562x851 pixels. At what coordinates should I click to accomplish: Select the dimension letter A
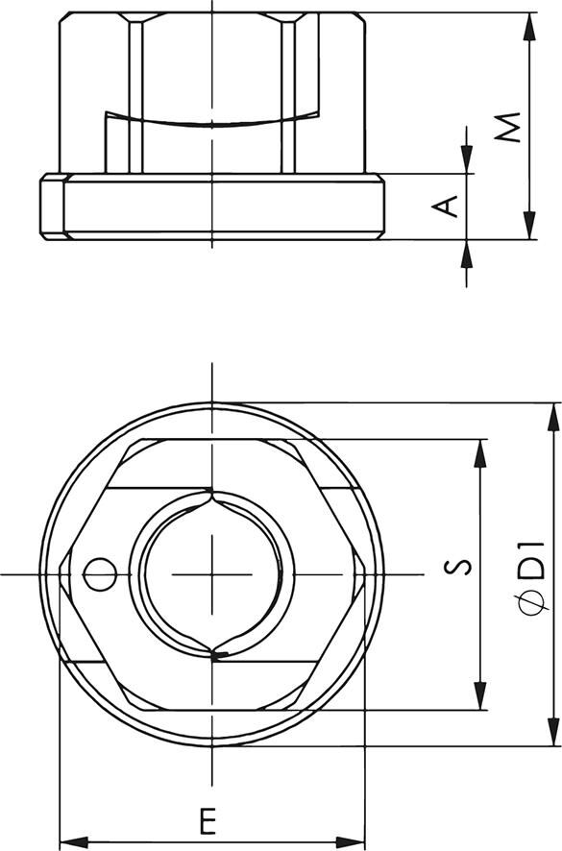[x=446, y=206]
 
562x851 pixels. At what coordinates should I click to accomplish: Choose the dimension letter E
[x=207, y=822]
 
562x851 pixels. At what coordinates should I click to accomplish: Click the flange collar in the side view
[x=211, y=207]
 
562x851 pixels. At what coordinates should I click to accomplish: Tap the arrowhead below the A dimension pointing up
[x=466, y=251]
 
